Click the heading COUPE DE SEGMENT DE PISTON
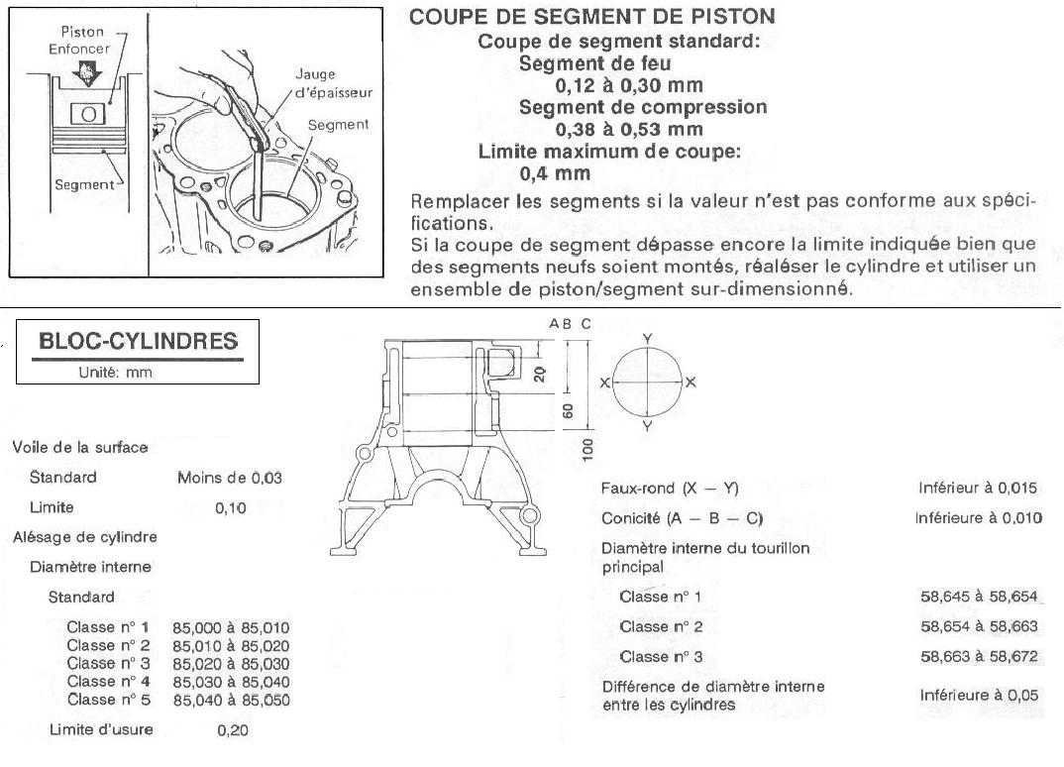(x=591, y=16)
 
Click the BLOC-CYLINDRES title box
(x=138, y=352)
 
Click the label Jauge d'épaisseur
(x=333, y=83)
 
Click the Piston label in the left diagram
(x=82, y=32)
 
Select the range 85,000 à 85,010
(x=231, y=628)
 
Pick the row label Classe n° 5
(x=109, y=700)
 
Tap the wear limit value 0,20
(x=233, y=730)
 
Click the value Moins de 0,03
(x=230, y=478)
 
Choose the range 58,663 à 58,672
(x=979, y=656)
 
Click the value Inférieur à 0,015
(x=978, y=488)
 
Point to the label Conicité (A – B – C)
(x=682, y=518)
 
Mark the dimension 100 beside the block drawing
(x=587, y=449)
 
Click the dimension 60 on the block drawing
(x=568, y=410)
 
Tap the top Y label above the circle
(x=647, y=339)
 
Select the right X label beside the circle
(x=691, y=383)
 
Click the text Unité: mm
(x=115, y=372)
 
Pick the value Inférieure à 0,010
(x=979, y=518)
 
